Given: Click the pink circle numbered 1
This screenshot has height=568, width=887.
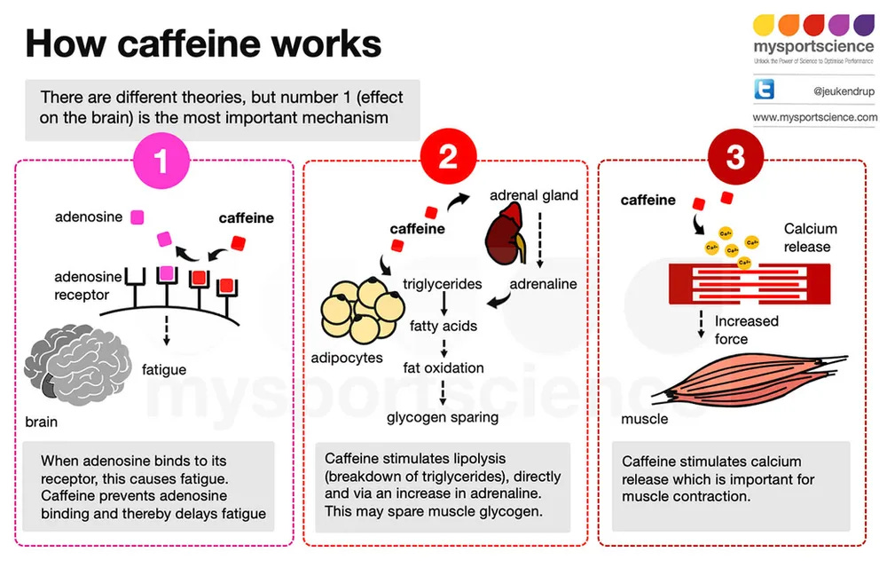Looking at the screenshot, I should (x=161, y=161).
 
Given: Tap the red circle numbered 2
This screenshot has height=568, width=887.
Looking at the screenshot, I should (x=447, y=161).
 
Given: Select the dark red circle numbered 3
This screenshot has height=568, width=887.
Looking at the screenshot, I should (x=735, y=161).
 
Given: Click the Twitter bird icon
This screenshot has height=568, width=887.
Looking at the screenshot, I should (x=764, y=89).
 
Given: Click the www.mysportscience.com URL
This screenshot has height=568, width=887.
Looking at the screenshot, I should (x=814, y=117).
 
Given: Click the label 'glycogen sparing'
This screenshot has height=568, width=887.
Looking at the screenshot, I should (x=443, y=416).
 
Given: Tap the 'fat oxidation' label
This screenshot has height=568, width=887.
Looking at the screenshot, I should (x=443, y=367).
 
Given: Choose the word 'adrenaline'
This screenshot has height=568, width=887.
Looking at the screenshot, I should (x=543, y=284).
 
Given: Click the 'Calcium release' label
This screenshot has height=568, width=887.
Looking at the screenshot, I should (x=810, y=237).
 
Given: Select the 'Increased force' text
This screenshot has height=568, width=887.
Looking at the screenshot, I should (x=746, y=329).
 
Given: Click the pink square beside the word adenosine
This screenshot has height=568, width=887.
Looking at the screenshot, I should (x=137, y=217).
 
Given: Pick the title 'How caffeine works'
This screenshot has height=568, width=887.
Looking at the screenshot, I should (x=203, y=43).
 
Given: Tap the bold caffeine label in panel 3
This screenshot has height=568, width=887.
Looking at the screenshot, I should (x=648, y=200).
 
